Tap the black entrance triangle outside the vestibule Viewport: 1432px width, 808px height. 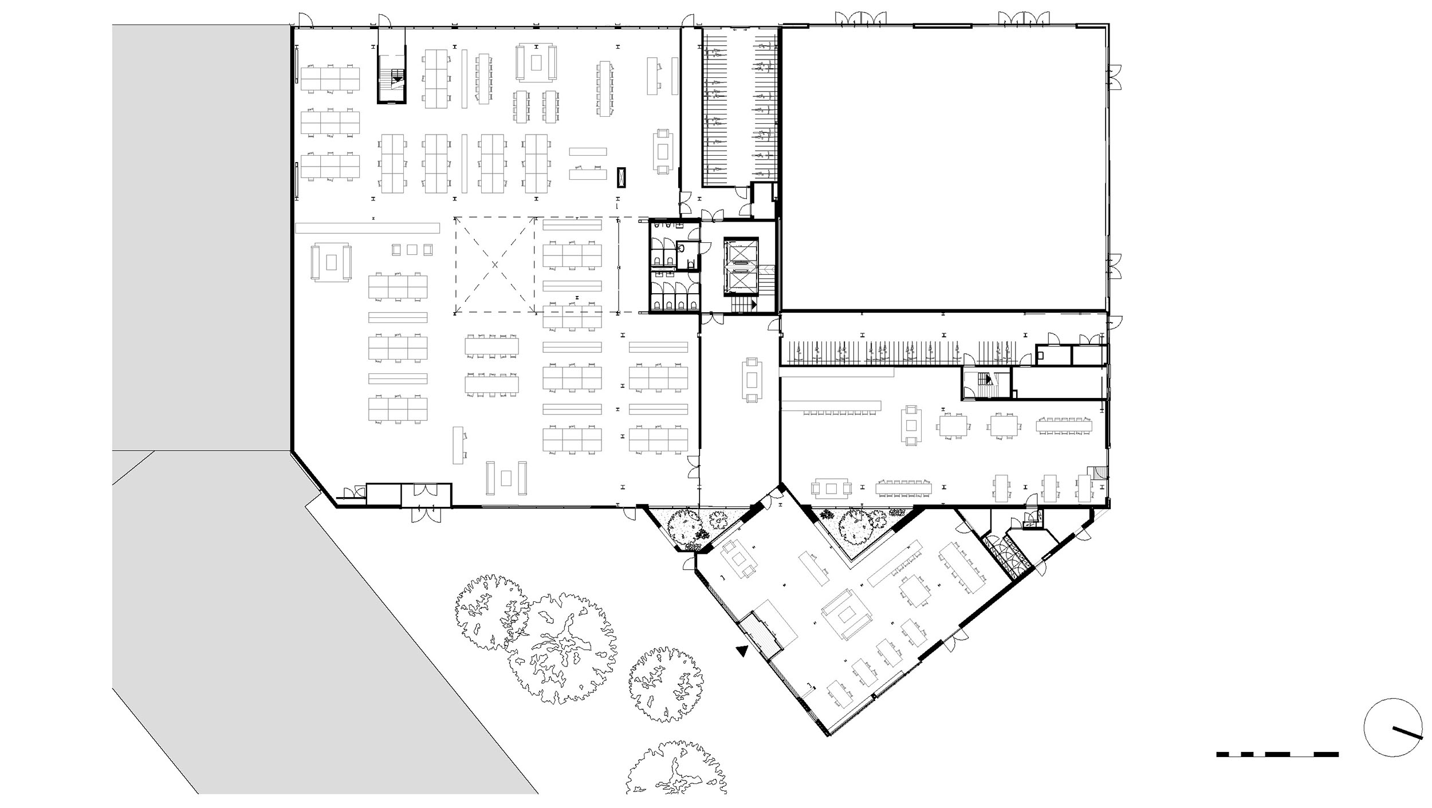(x=743, y=651)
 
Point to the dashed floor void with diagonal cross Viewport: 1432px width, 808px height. (x=494, y=265)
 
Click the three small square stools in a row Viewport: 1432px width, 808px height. (x=412, y=249)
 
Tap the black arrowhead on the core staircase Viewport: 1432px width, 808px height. (x=754, y=305)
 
